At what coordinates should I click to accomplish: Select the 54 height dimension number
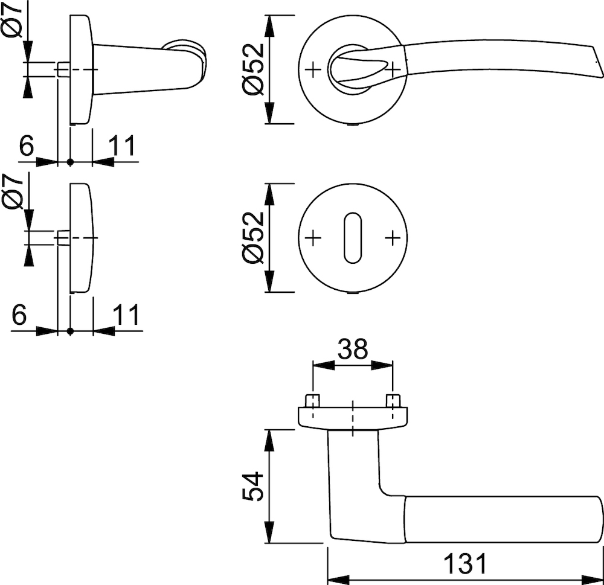[254, 486]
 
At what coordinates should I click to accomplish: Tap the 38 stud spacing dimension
[353, 349]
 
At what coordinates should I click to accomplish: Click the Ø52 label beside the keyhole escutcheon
[254, 237]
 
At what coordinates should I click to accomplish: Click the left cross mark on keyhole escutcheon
[312, 238]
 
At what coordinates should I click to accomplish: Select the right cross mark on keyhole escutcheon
[393, 238]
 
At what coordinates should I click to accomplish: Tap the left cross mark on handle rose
[312, 70]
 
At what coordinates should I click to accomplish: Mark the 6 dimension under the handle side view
[25, 146]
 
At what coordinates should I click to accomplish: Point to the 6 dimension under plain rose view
[20, 315]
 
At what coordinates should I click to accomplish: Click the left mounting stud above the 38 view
[312, 400]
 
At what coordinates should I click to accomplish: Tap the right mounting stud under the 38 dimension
[393, 400]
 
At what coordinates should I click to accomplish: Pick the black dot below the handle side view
[70, 162]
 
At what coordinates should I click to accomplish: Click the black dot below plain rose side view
[70, 330]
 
